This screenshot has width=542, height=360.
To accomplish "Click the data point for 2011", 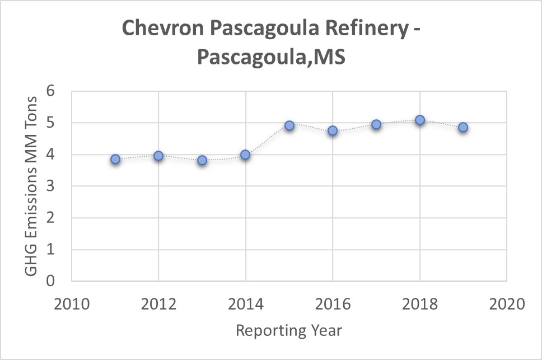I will (115, 159).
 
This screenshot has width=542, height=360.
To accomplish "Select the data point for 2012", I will (158, 156).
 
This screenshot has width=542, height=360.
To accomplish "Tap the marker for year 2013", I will (202, 160).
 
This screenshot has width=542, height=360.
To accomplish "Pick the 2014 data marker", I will (245, 155).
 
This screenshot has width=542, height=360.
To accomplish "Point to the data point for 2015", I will (289, 125).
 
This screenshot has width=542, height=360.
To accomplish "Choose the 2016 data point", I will (333, 130).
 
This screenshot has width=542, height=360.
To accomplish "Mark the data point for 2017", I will (376, 124).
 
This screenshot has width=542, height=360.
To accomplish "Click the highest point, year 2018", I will (420, 120).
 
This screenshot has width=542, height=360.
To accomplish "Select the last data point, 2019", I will (463, 127).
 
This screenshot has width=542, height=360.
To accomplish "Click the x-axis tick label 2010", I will (71, 305).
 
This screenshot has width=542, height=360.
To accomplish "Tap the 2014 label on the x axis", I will (245, 305).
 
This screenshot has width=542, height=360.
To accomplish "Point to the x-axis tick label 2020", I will (506, 305).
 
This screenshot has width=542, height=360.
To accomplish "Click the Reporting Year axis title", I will (288, 330).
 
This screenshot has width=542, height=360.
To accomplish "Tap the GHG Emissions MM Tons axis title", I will (31, 186).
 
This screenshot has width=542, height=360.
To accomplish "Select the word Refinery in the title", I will (358, 29).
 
